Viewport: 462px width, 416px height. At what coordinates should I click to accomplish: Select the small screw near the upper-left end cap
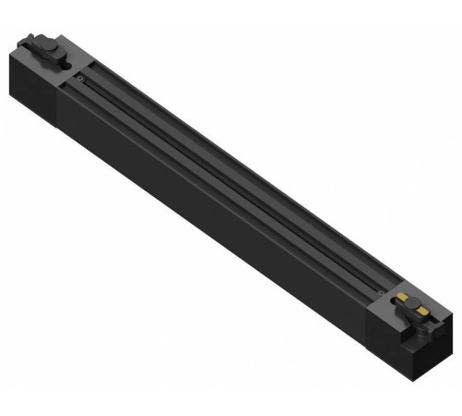[82, 80]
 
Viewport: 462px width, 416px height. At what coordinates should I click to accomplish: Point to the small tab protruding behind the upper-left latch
[30, 40]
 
